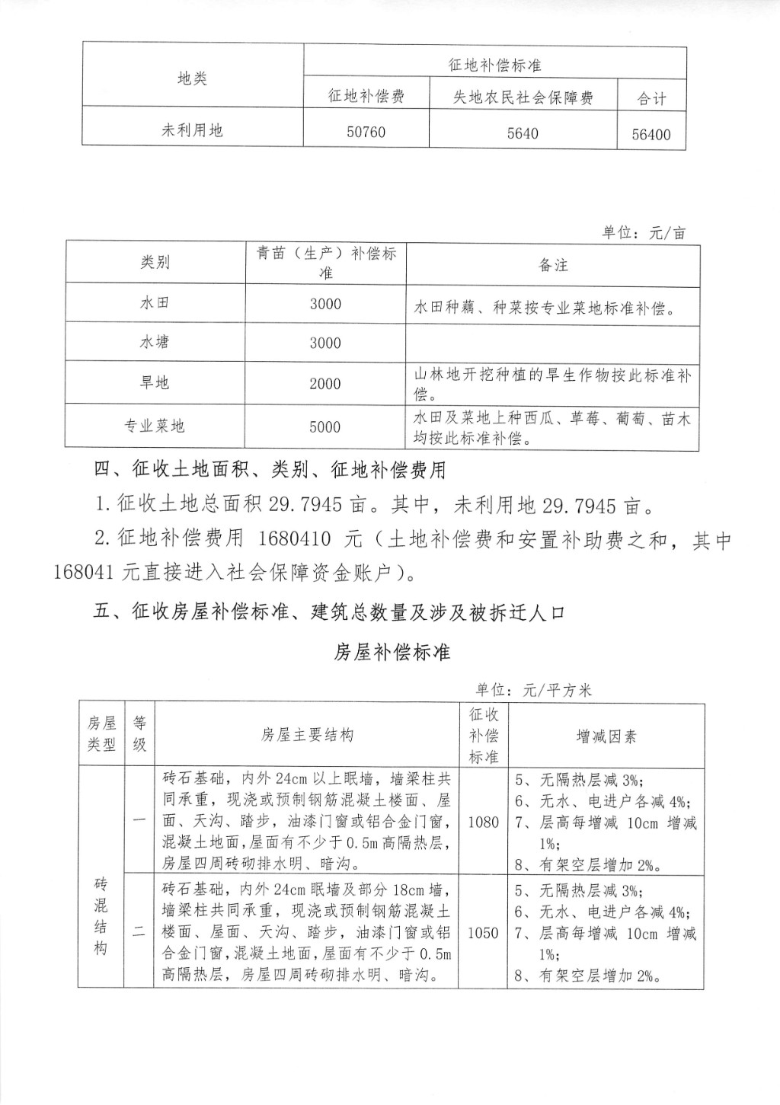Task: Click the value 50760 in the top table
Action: point(366,132)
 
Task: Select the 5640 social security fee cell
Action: point(522,133)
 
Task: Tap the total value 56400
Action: point(651,135)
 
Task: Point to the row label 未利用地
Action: point(192,130)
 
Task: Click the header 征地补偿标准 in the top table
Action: point(494,65)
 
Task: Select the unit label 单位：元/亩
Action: point(644,233)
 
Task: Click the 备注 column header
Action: point(553,265)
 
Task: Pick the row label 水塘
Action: point(155,342)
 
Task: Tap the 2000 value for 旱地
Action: point(324,384)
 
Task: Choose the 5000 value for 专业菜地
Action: point(324,426)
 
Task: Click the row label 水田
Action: point(155,302)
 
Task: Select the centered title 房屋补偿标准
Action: point(392,653)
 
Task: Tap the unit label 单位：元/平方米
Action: point(533,690)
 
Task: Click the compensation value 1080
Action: point(483,822)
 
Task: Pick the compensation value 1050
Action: point(483,933)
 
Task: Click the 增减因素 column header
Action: point(606,736)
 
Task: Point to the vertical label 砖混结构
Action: point(101,916)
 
